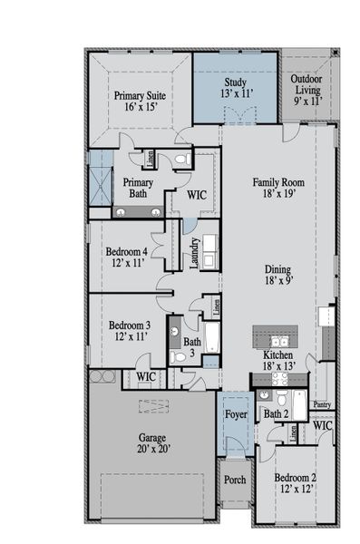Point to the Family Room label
(x=277, y=188)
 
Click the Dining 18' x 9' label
(x=278, y=275)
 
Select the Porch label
(x=235, y=481)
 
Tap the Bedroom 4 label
(x=126, y=257)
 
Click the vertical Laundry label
(x=195, y=253)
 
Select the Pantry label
(x=320, y=404)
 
